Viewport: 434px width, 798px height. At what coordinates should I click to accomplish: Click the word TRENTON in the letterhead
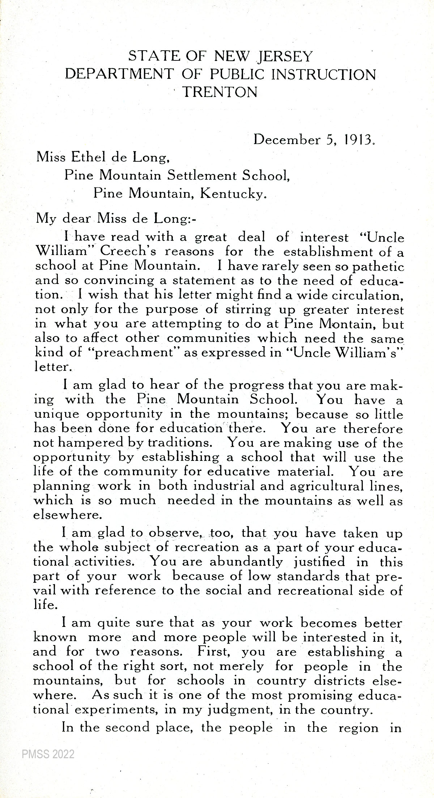(220, 92)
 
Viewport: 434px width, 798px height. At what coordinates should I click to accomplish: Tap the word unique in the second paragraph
(55, 415)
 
